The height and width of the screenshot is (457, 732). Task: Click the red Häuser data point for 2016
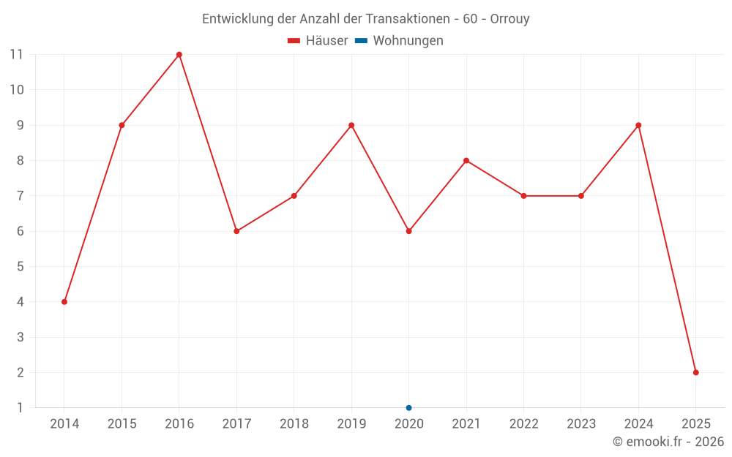179,55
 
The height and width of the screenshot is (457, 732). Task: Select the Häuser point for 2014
64,302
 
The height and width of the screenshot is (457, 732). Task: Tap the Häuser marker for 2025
695,372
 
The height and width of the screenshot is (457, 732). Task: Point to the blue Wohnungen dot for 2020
408,407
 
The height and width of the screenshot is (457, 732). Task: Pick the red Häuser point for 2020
408,231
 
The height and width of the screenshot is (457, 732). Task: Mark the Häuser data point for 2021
466,161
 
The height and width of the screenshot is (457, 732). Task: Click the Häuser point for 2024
638,125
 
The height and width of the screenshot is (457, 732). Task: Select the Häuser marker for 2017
236,231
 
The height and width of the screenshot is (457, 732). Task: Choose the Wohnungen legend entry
408,41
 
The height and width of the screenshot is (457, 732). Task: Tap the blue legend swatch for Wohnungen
361,41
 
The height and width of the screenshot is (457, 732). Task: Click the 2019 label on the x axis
351,424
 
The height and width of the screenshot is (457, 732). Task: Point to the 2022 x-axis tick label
523,424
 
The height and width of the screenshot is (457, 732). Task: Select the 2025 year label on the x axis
695,424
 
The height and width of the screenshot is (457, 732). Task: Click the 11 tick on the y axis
17,54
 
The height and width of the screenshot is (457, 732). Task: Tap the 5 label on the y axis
20,267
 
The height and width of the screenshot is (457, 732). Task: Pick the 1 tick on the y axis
20,408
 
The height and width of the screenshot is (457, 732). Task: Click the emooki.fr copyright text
668,442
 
